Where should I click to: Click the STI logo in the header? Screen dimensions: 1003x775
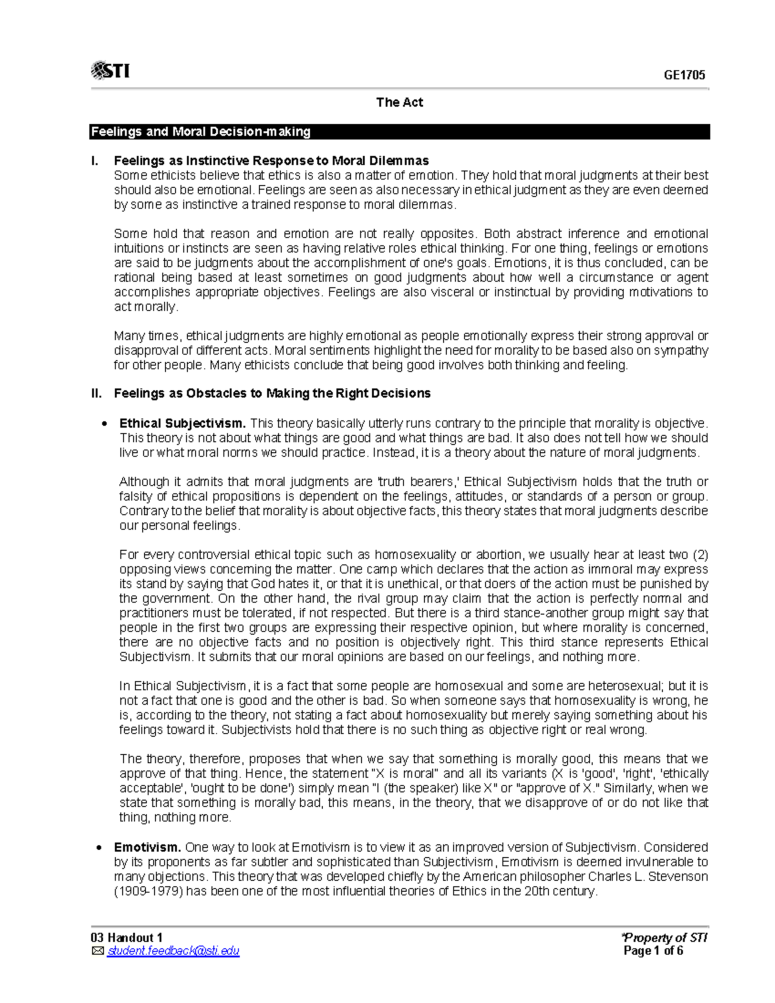point(110,70)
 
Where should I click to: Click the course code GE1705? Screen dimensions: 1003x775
point(685,75)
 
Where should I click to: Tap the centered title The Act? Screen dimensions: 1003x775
point(399,102)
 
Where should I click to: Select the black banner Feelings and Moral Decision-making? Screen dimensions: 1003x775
point(399,132)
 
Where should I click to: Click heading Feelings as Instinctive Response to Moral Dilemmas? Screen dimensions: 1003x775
point(271,160)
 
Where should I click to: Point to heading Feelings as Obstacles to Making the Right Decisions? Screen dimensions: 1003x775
point(272,393)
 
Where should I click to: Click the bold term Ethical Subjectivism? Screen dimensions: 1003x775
point(182,424)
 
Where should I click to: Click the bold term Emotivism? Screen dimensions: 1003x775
point(147,847)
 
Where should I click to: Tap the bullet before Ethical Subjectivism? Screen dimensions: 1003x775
point(104,424)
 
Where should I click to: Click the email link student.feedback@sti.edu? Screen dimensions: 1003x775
point(173,951)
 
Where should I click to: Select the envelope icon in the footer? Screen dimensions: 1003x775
point(98,951)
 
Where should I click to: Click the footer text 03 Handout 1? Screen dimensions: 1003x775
point(127,938)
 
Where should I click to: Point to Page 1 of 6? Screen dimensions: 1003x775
point(653,951)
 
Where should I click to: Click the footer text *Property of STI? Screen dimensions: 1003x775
point(664,938)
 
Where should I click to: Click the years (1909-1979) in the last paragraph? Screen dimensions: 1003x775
point(146,891)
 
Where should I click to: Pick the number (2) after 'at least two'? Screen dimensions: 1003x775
point(700,555)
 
